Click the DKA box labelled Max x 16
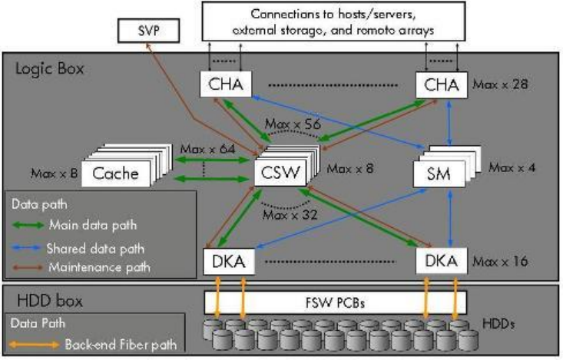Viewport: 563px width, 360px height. coord(442,262)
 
